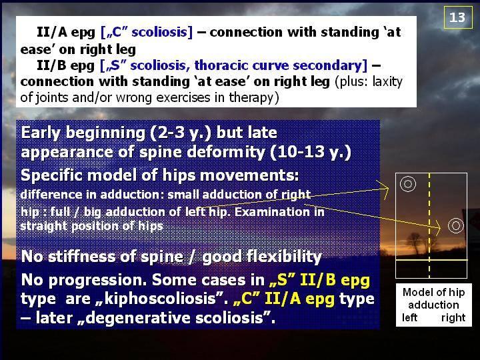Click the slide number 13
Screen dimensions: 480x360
pyautogui.click(x=457, y=17)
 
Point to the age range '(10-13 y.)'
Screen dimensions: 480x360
pyautogui.click(x=311, y=152)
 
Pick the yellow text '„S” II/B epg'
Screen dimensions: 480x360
pyautogui.click(x=319, y=280)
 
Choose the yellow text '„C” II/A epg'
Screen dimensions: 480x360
pyautogui.click(x=284, y=299)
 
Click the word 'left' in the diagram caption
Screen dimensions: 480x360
pyautogui.click(x=409, y=317)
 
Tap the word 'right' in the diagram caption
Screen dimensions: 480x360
pyautogui.click(x=453, y=318)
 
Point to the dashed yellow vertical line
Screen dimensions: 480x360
pyautogui.click(x=429, y=225)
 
